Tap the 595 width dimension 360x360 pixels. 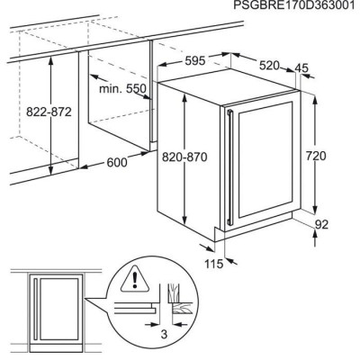[x=194, y=61]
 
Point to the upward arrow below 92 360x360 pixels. [x=316, y=238]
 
